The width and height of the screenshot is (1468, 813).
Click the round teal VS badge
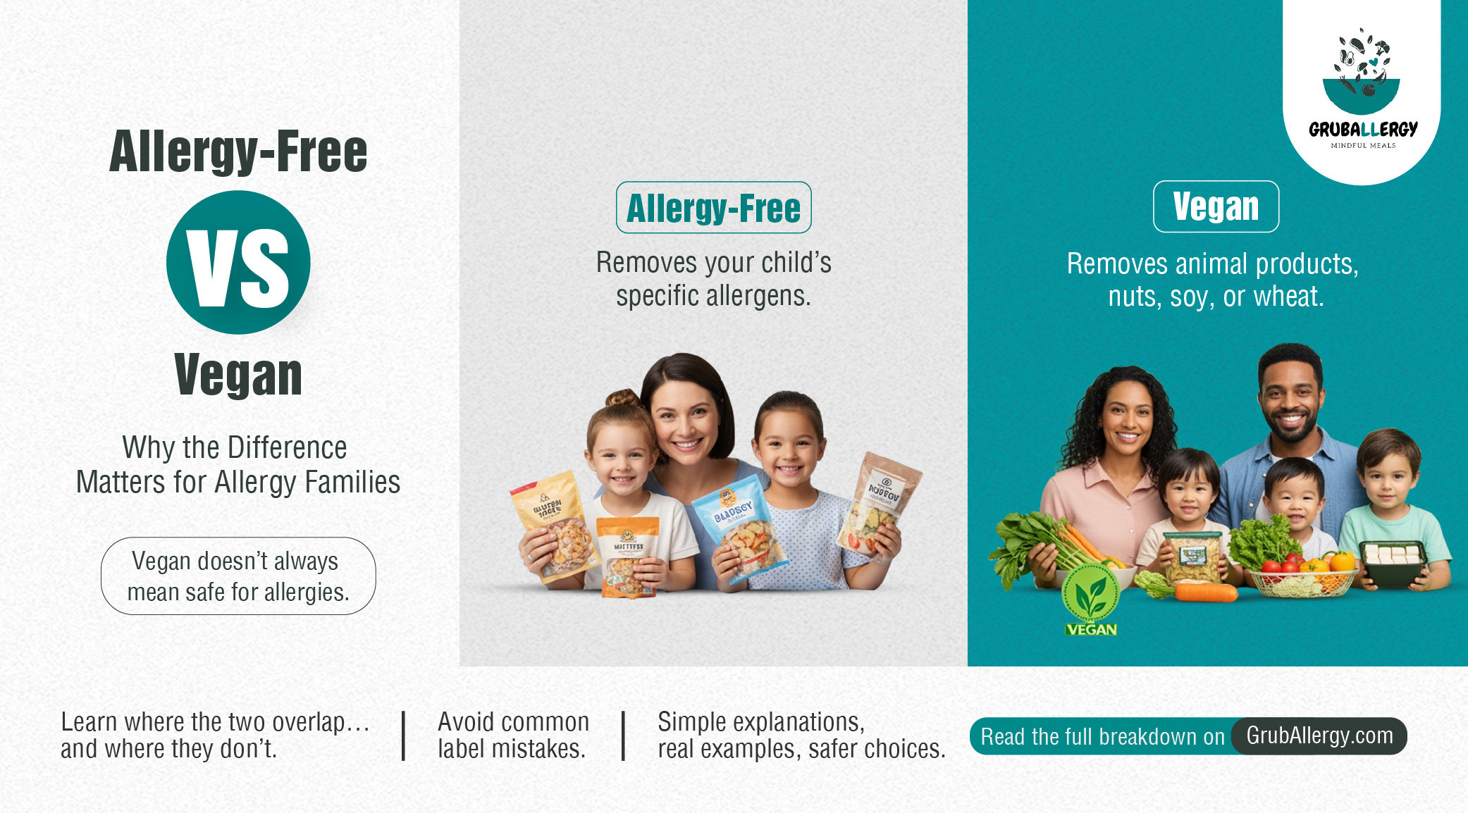238,263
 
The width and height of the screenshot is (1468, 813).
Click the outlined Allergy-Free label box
713,208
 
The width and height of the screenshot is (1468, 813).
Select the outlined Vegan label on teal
1216,206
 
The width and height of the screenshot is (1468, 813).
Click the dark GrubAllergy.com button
1319,736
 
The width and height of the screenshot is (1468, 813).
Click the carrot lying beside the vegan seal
1205,592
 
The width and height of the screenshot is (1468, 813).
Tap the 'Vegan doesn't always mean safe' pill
238,576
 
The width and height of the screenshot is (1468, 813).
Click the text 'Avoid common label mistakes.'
513,735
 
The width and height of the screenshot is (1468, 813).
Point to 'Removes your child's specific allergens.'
713,279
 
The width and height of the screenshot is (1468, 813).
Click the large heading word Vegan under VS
238,376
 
